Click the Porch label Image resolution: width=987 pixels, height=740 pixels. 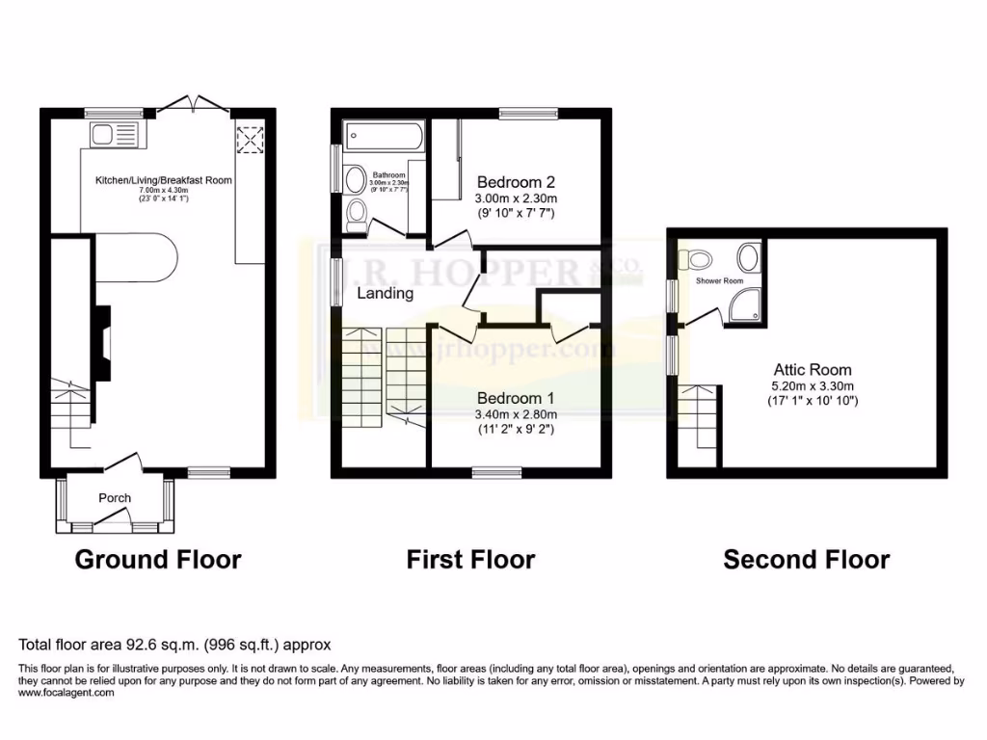(x=114, y=498)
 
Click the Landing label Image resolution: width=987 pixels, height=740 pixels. (x=386, y=293)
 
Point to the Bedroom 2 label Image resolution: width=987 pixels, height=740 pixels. (x=516, y=181)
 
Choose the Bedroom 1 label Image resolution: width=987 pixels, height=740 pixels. (x=516, y=398)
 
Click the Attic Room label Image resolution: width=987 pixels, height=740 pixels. (x=812, y=369)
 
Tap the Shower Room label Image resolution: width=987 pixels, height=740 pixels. (x=720, y=281)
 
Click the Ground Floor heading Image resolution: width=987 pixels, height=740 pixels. (x=157, y=559)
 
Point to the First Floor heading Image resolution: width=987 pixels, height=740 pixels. (x=470, y=559)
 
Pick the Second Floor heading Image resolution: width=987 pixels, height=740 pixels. (x=807, y=559)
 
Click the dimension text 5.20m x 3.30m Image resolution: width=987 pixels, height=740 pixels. (x=812, y=384)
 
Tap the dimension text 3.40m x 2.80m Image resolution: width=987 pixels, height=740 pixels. (x=516, y=414)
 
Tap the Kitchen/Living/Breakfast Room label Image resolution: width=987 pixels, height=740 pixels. (x=163, y=180)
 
